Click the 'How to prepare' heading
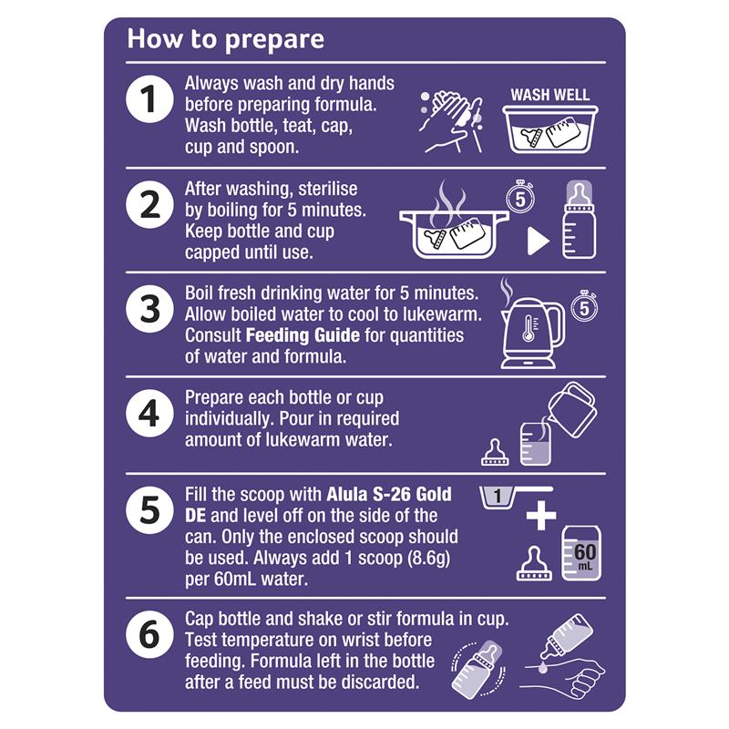point(225,39)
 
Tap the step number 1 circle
point(149,99)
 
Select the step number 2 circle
point(149,204)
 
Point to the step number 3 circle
point(149,309)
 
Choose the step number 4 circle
point(149,414)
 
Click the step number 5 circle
point(149,509)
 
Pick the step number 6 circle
point(149,634)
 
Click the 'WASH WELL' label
point(550,95)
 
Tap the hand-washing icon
point(451,122)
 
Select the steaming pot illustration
point(454,221)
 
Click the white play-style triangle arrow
point(538,241)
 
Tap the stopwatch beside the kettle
point(584,306)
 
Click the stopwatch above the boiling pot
point(520,197)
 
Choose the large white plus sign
point(540,515)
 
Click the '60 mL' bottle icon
point(581,554)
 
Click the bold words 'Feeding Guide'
point(303,335)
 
